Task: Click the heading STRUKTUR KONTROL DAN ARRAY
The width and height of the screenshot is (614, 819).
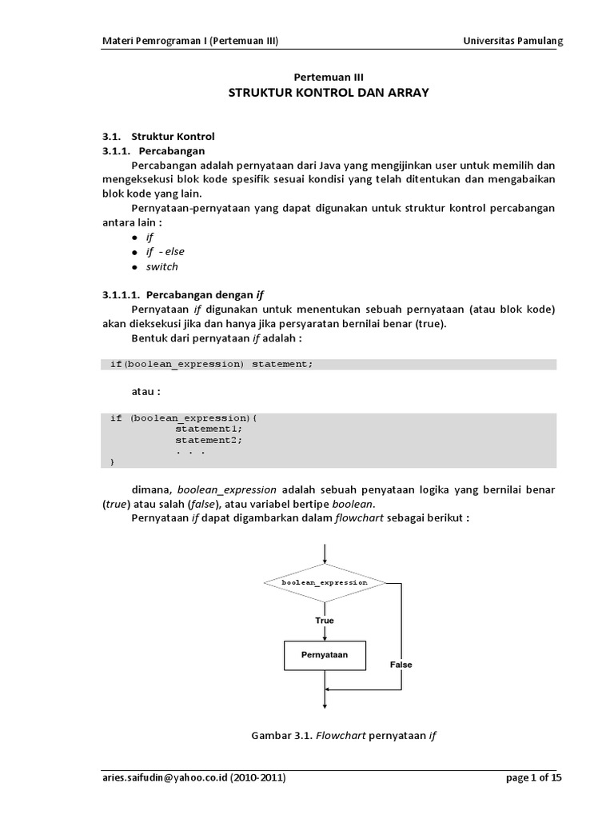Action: pyautogui.click(x=329, y=93)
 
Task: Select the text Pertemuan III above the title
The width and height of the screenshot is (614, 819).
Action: pyautogui.click(x=329, y=77)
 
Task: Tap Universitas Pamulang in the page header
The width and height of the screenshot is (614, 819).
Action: pyautogui.click(x=513, y=42)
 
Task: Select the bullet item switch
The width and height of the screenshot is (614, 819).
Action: pyautogui.click(x=161, y=266)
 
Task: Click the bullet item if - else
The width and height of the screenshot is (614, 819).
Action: pyautogui.click(x=165, y=252)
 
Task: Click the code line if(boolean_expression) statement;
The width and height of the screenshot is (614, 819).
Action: pyautogui.click(x=212, y=365)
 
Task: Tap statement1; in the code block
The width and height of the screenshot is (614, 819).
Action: pyautogui.click(x=209, y=429)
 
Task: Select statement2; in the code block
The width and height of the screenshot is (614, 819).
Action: pyautogui.click(x=209, y=440)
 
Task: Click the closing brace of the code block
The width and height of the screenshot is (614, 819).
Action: pyautogui.click(x=112, y=462)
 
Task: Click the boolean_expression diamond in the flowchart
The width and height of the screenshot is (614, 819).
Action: pyautogui.click(x=325, y=583)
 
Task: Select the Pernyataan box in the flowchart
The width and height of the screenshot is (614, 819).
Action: pyautogui.click(x=325, y=656)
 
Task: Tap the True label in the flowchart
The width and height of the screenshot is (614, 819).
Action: pyautogui.click(x=325, y=621)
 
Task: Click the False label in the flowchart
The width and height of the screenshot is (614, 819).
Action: pyautogui.click(x=401, y=665)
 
